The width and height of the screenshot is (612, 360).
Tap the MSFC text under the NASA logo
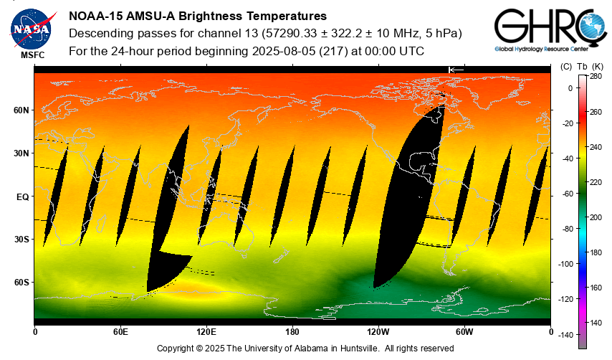tap(32, 55)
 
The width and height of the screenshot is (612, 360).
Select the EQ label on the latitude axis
tap(22, 196)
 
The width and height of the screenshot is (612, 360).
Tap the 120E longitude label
tap(206, 332)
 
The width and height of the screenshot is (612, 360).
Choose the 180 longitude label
tap(292, 332)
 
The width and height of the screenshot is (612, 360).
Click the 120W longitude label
tap(378, 332)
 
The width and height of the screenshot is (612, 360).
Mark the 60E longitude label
tap(120, 332)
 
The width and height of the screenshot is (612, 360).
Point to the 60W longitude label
tap(464, 332)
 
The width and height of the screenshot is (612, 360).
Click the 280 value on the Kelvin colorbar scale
tap(596, 76)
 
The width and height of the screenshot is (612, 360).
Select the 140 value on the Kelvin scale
tap(596, 323)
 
